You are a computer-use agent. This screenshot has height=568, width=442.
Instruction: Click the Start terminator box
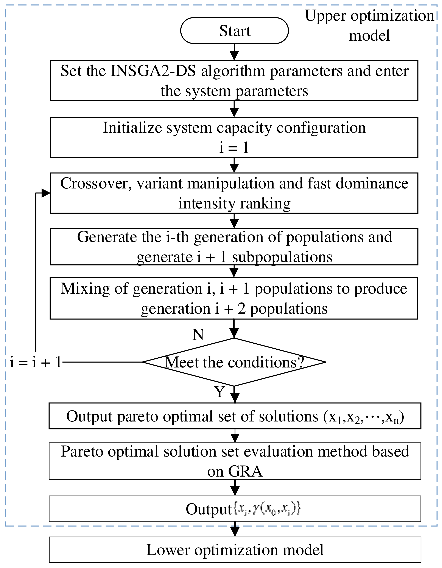[234, 31]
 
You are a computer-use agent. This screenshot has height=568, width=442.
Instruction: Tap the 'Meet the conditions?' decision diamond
[234, 362]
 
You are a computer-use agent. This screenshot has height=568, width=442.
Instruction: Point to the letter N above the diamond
[198, 335]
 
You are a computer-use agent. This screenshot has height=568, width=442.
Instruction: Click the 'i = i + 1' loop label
[36, 362]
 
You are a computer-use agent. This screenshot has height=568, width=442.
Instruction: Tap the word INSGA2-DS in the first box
[153, 71]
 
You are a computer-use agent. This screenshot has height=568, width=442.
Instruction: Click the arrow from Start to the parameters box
[234, 52]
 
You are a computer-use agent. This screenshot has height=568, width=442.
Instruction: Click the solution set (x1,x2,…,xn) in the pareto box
[364, 417]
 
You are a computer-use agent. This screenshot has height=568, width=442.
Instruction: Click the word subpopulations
[282, 257]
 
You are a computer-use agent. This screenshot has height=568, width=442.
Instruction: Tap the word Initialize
[132, 128]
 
